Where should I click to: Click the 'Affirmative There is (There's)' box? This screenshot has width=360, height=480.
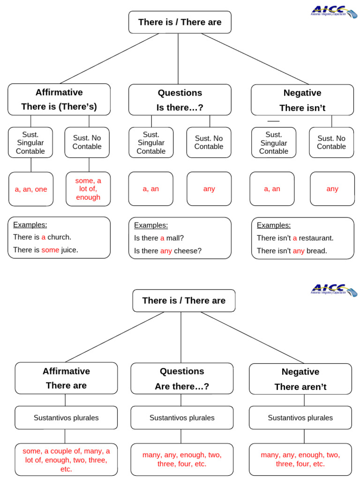(x=59, y=99)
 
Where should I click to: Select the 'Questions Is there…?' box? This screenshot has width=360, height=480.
(x=180, y=100)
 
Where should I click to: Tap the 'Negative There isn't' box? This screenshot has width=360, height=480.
(x=302, y=100)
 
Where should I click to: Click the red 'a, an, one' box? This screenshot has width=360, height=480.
(x=31, y=189)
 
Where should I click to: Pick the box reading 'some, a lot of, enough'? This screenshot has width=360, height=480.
(x=88, y=189)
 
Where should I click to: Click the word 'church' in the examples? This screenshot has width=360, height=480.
(x=59, y=237)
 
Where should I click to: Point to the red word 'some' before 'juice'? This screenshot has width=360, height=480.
(x=50, y=250)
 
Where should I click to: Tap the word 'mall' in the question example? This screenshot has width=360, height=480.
(x=175, y=238)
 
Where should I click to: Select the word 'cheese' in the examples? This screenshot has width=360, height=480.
(x=187, y=251)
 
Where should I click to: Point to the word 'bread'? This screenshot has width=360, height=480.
(x=316, y=251)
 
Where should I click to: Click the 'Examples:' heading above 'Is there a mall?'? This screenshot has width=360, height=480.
(x=151, y=225)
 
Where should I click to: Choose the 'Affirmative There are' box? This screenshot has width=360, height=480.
(x=66, y=378)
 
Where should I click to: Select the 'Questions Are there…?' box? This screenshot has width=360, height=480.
(x=182, y=378)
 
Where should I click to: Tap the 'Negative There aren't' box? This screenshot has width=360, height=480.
(x=300, y=379)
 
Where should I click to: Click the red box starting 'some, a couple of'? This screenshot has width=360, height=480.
(x=66, y=459)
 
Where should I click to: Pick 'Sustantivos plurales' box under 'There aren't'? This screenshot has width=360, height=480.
(x=300, y=418)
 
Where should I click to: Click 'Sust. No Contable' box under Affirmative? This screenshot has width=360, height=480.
(x=87, y=142)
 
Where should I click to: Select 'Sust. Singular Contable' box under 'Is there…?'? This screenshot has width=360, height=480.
(x=151, y=142)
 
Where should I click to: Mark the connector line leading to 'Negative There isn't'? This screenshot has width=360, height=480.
(x=255, y=59)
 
